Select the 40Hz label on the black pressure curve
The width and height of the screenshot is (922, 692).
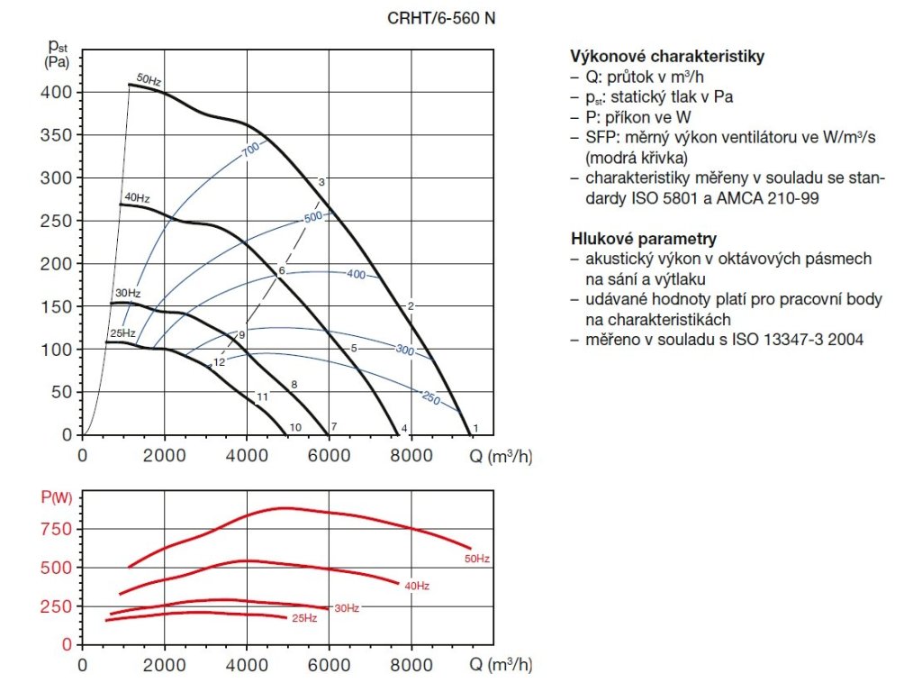coord(136,197)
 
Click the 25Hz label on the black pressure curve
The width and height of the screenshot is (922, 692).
coord(122,334)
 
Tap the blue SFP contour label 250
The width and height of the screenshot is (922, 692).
coord(430,397)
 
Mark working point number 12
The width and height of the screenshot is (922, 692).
coord(219,362)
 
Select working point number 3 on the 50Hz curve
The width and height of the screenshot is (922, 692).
coord(321,182)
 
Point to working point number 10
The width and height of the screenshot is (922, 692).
coord(295,427)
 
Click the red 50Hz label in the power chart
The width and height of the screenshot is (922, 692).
coord(476,560)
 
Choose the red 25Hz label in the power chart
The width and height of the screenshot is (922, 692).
coord(304,618)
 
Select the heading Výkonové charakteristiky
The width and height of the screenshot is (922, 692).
coord(667,57)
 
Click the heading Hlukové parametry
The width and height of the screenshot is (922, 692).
coord(644,239)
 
